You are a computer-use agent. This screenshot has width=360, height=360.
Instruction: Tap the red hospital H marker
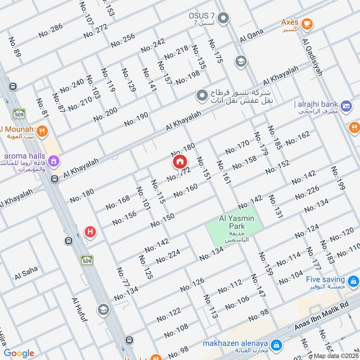pos(90,232)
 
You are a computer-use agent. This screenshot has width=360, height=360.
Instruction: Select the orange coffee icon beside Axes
pos(307,23)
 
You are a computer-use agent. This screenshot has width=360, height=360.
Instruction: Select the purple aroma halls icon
pos(54,160)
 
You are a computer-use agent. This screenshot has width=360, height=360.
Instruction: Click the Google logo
pos(19,353)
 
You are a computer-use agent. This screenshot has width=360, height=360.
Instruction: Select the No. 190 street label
pos(136,119)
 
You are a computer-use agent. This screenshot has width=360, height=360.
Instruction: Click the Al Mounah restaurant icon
pos(42,131)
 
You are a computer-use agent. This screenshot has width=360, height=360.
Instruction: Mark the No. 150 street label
pos(162,220)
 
